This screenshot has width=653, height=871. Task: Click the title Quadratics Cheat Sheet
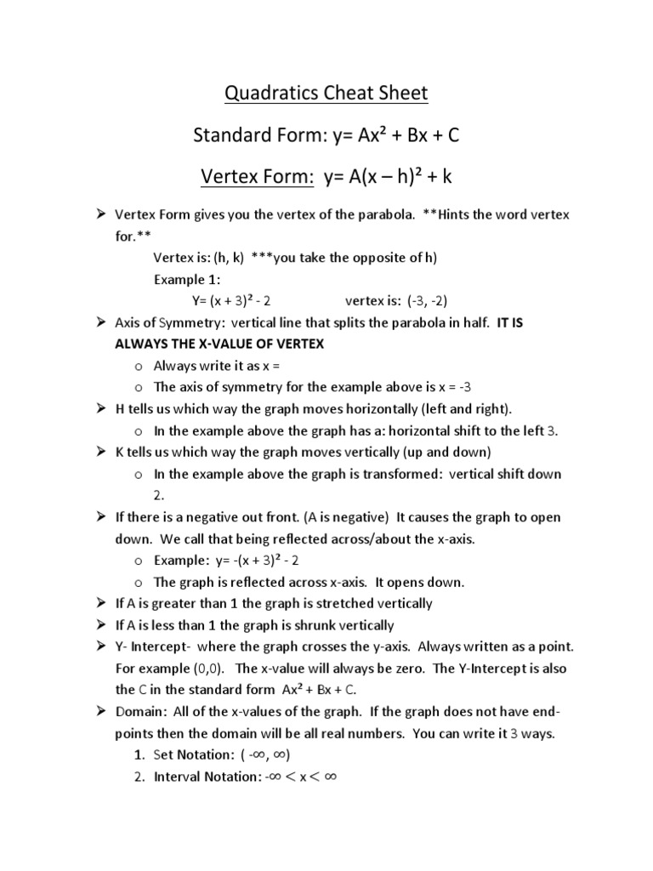(326, 93)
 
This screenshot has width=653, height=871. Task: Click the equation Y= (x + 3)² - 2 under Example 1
(232, 300)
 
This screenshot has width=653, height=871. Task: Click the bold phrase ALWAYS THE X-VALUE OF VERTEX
(219, 344)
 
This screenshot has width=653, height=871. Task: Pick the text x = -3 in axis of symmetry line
(455, 387)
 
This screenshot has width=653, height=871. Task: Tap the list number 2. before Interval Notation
(139, 776)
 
